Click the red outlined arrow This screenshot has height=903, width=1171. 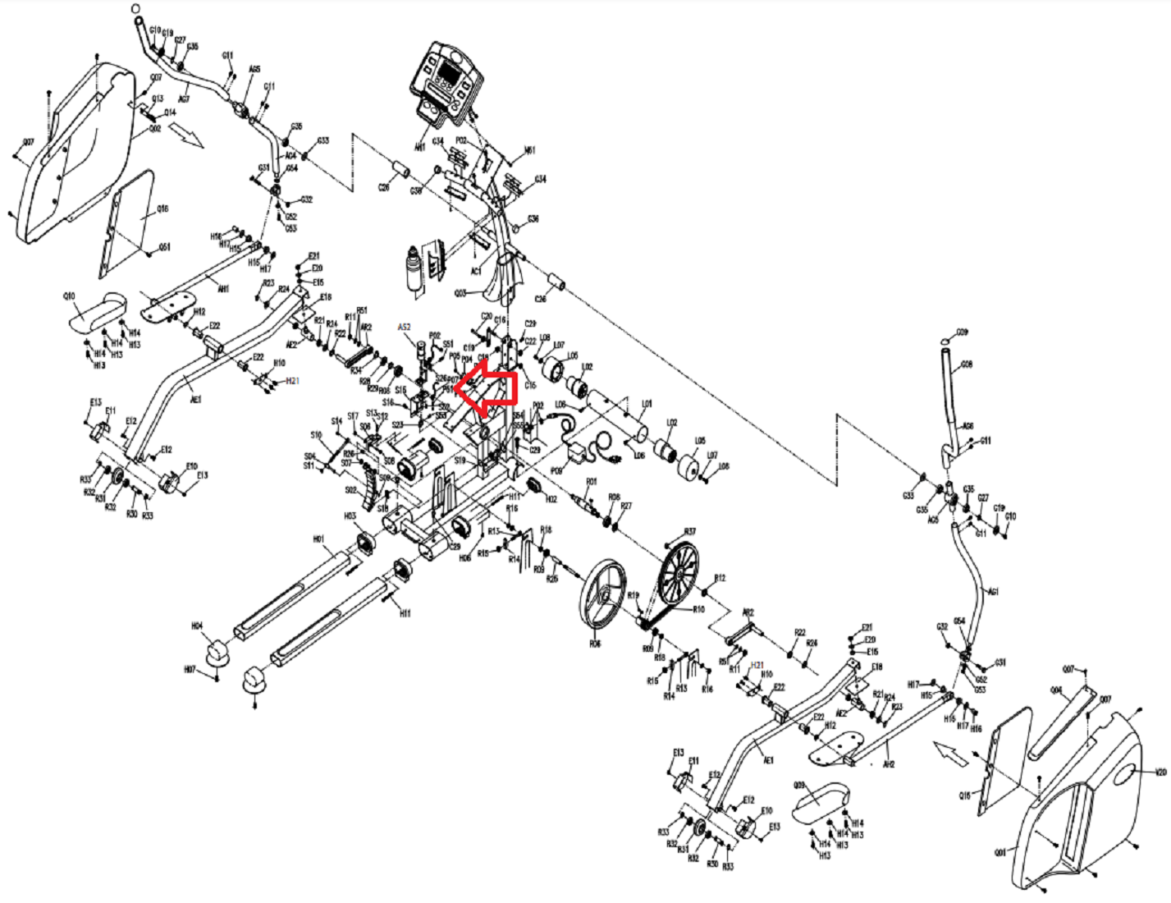tap(486, 388)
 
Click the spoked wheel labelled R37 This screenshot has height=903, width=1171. tap(678, 573)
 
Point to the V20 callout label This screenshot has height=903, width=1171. tap(1160, 772)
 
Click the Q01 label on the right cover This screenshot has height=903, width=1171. tap(999, 851)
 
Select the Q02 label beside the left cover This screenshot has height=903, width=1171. tap(154, 129)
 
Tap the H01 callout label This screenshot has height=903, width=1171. tap(318, 539)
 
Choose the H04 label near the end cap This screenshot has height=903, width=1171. tap(197, 626)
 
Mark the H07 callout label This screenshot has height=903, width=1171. tap(190, 670)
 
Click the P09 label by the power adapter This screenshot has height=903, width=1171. tap(556, 470)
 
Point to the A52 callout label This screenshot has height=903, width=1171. tap(404, 327)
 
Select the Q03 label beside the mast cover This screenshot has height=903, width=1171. tap(460, 292)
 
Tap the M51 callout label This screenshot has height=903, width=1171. tap(530, 150)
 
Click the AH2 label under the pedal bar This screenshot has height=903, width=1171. tap(888, 764)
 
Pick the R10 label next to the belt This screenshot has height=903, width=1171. tap(699, 609)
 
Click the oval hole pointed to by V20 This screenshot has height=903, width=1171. tap(1125, 774)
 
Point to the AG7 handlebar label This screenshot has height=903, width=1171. tap(184, 99)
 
